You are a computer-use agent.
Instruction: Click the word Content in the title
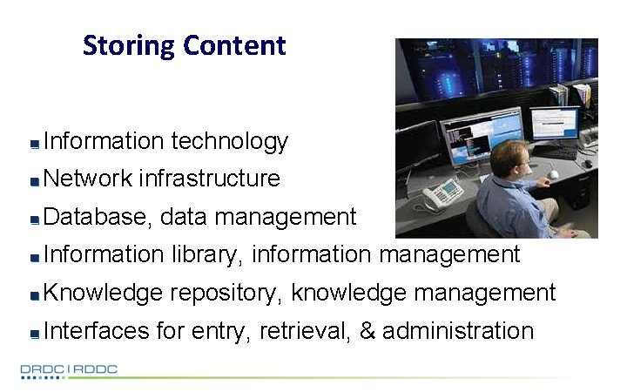click(234, 45)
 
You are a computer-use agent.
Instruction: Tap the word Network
click(87, 179)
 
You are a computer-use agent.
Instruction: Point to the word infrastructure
click(209, 179)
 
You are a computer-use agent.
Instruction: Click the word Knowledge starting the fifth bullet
click(104, 293)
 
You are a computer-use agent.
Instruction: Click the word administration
click(458, 331)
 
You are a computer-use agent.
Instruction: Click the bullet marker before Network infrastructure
click(33, 181)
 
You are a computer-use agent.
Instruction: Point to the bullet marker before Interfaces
click(33, 334)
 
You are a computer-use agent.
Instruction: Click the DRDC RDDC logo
click(69, 369)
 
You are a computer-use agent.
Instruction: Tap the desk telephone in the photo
click(440, 193)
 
